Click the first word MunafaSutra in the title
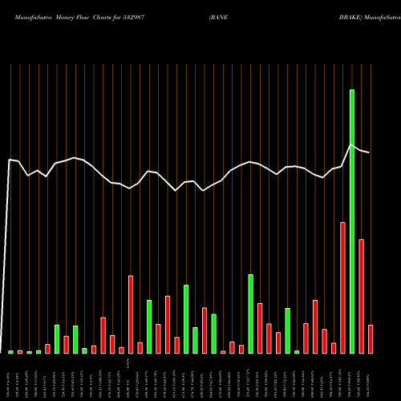tap(28, 16)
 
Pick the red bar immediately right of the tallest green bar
tap(361, 296)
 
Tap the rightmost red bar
tap(371, 338)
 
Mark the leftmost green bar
tap(10, 352)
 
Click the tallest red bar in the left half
tap(131, 314)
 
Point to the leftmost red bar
tap(20, 352)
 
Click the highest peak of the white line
tap(351, 144)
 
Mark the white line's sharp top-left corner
tap(9, 160)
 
